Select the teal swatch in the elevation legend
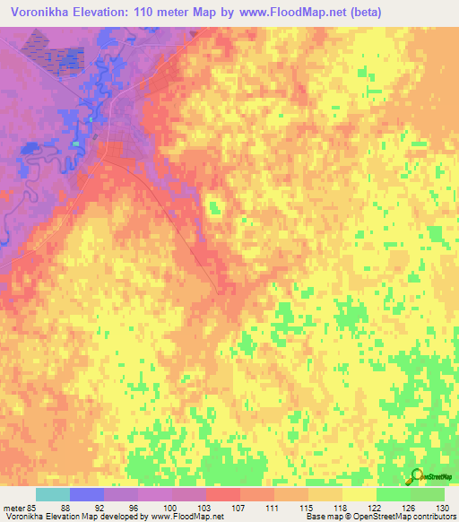(x=53, y=494)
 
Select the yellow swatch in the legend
(x=359, y=494)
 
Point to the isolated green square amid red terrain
(x=214, y=209)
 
